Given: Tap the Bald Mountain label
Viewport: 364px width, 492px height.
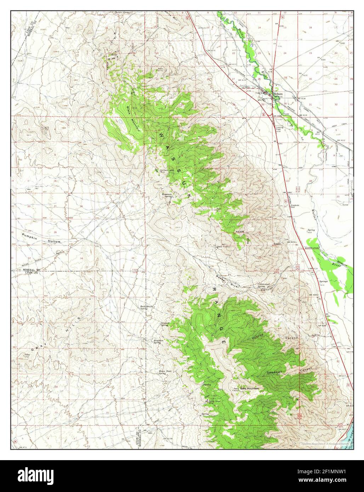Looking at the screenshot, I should [x=250, y=389].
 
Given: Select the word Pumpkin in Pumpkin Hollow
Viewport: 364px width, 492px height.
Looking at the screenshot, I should [x=31, y=237].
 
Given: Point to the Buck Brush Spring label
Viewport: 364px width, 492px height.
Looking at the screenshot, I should [x=143, y=307].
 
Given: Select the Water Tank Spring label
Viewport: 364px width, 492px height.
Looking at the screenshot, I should [x=163, y=372].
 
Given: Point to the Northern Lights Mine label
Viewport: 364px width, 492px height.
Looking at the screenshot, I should [x=167, y=171].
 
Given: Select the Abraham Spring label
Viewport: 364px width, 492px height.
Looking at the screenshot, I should [x=158, y=342].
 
